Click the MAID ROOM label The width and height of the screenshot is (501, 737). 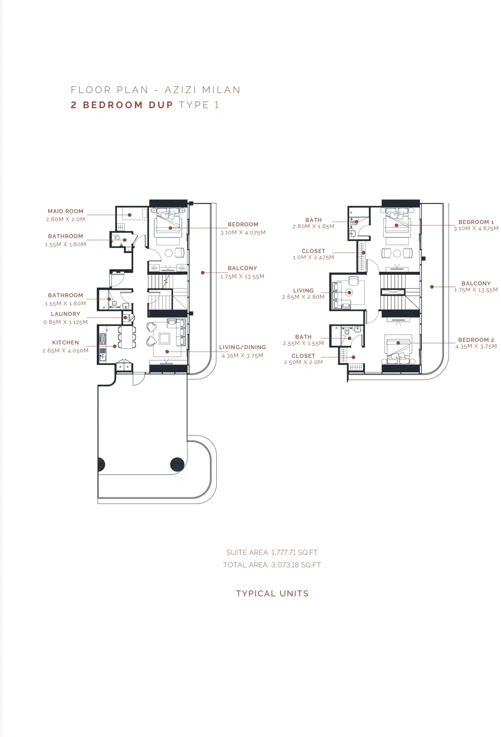coord(66,211)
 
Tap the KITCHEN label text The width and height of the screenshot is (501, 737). coord(66,342)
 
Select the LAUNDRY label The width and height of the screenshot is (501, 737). coord(66,314)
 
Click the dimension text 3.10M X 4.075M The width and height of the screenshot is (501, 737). coord(243,233)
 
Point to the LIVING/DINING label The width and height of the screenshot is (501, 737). coord(243,347)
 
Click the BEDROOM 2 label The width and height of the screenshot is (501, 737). coord(476,340)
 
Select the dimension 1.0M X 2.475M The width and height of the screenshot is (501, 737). coord(314,257)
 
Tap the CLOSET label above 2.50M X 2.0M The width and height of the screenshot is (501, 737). coord(304,356)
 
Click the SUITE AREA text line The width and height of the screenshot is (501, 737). coord(272,552)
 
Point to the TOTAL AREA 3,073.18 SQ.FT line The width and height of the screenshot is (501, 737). coord(272,565)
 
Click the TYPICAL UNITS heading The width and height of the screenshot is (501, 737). coord(272,593)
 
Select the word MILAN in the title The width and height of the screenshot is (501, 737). coord(221,90)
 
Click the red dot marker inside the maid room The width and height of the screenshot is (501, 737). coord(130,215)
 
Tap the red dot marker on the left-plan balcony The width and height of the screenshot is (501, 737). coord(203,273)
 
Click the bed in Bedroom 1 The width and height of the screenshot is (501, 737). coord(397,225)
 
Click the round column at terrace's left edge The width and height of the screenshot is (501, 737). coord(101,464)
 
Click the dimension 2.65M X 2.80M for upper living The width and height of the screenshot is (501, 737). coord(303,297)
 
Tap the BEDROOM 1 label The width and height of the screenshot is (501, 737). coord(476,222)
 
